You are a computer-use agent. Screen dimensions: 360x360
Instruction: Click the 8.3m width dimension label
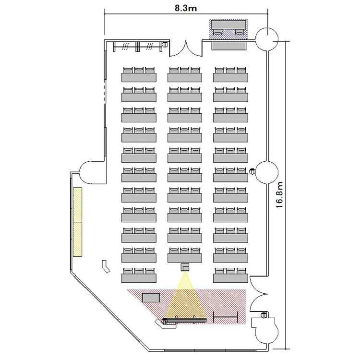click(x=185, y=7)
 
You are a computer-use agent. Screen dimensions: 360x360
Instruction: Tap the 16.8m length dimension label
click(x=281, y=193)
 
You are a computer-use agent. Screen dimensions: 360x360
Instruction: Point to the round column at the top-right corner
click(x=266, y=39)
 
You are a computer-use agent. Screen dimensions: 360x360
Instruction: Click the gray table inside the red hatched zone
click(x=151, y=297)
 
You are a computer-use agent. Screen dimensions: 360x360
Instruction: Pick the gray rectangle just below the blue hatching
click(x=229, y=46)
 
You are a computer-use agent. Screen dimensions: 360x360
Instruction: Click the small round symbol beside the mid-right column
click(x=252, y=170)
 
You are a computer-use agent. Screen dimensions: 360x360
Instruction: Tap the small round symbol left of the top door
click(x=165, y=44)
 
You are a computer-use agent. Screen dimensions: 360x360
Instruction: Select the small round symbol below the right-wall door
click(x=264, y=315)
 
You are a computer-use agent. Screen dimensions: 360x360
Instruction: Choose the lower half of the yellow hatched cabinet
click(x=78, y=238)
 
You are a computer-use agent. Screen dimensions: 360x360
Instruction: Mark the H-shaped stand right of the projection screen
click(x=226, y=317)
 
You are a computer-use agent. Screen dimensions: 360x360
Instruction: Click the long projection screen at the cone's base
click(x=185, y=319)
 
